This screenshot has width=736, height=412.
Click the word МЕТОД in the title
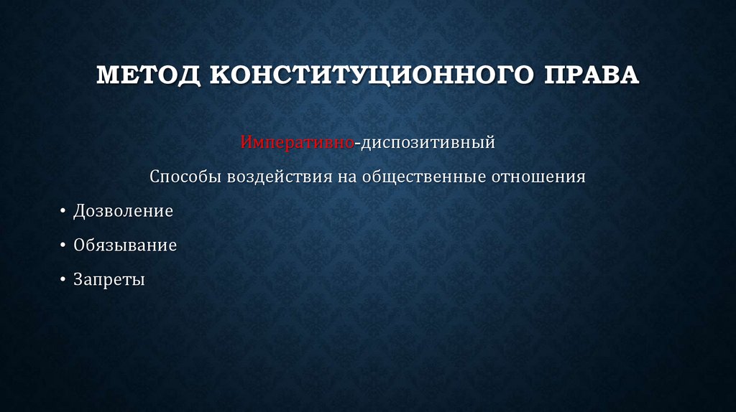[148, 75]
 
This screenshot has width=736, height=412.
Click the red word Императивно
[297, 142]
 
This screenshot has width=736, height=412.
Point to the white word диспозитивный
[428, 142]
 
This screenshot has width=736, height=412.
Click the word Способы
[185, 177]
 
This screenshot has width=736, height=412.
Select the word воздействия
[280, 177]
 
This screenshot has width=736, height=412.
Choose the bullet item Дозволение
[123, 211]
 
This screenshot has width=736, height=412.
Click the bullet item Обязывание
[125, 245]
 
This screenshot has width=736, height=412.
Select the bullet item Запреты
[109, 279]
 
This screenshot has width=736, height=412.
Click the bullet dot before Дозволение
[63, 212]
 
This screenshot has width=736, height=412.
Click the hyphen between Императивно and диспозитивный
[357, 144]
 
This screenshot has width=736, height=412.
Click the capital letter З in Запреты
[78, 279]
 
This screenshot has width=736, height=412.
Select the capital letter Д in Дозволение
[79, 211]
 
